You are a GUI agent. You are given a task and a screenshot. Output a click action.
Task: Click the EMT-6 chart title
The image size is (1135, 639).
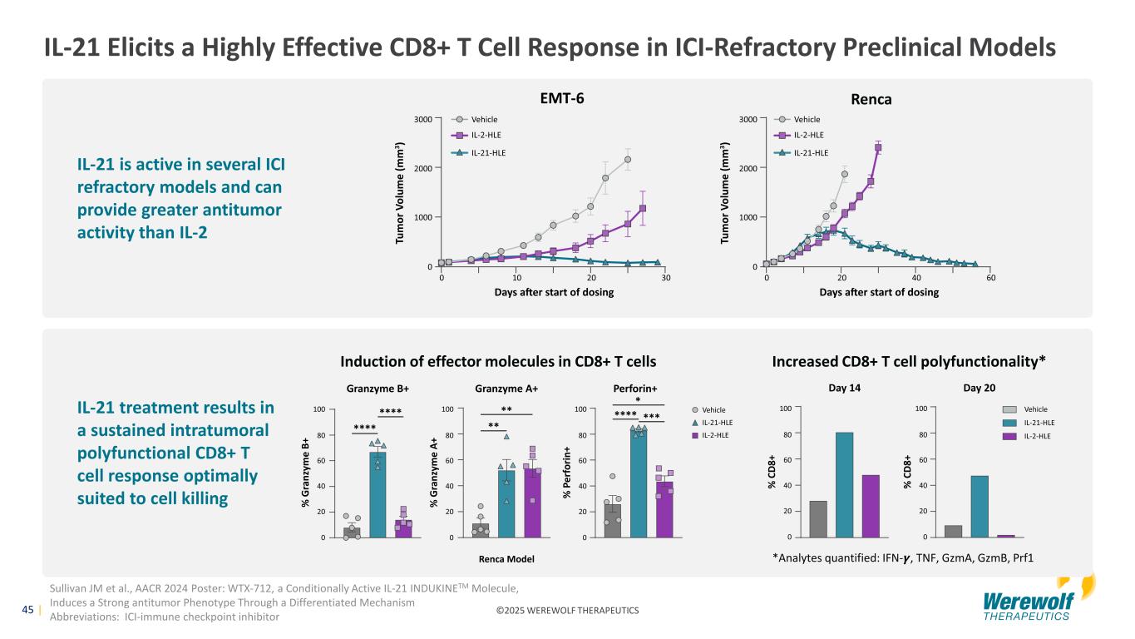(x=562, y=98)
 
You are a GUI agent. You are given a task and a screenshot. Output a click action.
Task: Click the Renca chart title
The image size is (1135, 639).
(x=871, y=99)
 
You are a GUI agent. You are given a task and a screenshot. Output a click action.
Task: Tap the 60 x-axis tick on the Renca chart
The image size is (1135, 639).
(x=991, y=278)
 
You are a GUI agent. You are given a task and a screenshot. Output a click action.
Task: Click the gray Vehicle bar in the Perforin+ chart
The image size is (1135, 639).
(x=613, y=520)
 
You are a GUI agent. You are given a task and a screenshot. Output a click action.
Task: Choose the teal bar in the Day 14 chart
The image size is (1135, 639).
(x=844, y=484)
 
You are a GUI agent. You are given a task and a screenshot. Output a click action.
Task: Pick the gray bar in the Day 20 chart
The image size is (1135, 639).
(x=953, y=531)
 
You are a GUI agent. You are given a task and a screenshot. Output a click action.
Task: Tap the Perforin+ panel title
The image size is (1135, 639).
(x=634, y=389)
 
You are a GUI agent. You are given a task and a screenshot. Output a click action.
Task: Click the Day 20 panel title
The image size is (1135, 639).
(x=978, y=389)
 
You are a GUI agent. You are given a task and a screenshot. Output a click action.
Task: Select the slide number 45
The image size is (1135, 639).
(x=27, y=610)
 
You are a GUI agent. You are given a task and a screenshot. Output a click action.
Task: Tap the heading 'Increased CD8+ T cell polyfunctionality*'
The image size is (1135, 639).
(x=909, y=361)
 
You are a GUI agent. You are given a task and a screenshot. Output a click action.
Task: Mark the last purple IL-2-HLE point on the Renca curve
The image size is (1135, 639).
(x=878, y=147)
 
